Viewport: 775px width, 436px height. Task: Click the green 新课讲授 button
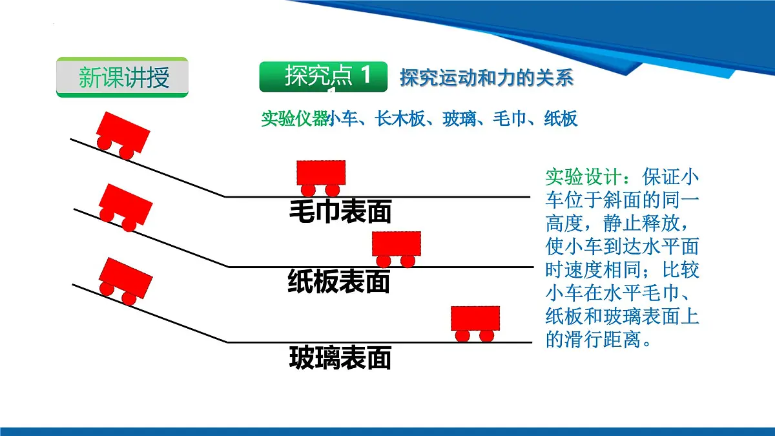tap(122, 77)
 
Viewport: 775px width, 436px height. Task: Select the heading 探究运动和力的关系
tap(486, 78)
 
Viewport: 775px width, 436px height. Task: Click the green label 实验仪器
tap(294, 119)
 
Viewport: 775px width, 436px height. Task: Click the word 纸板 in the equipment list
tap(561, 119)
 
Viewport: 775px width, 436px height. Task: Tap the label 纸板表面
tap(339, 282)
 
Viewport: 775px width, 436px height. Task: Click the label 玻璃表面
tap(340, 357)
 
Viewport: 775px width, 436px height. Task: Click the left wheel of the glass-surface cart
tap(462, 336)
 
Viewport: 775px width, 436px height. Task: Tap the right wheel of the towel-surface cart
tap(332, 190)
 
